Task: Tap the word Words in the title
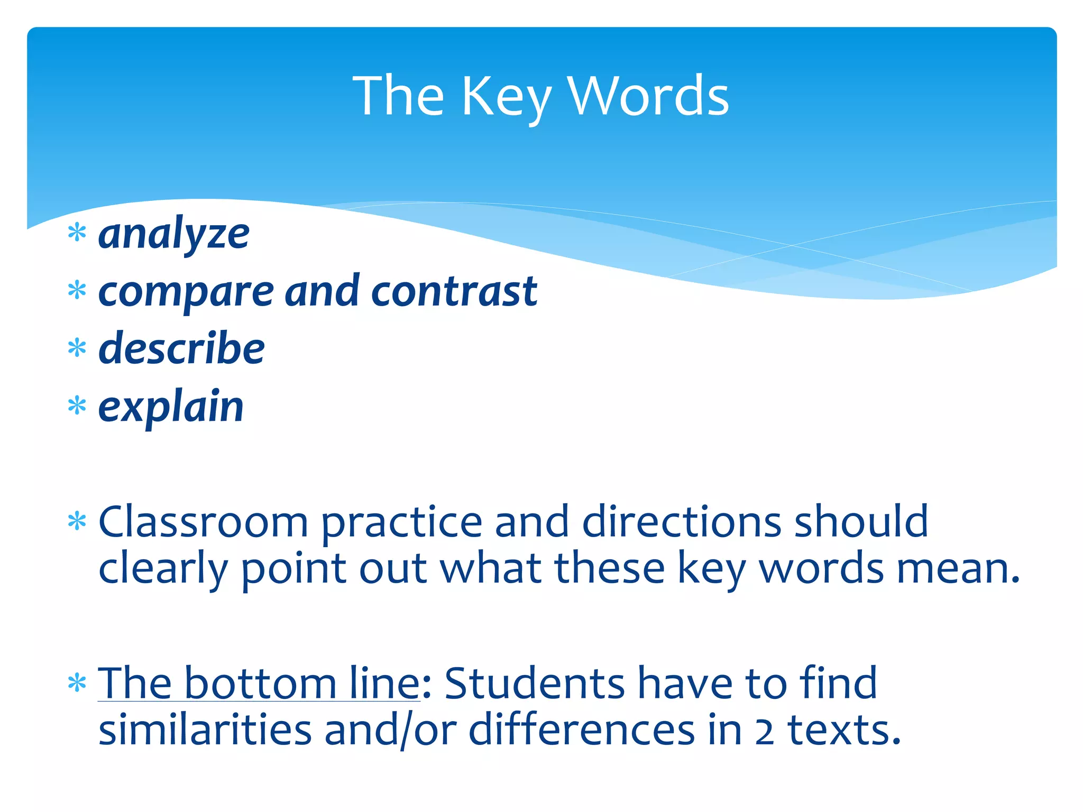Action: point(648,96)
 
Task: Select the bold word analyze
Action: point(174,234)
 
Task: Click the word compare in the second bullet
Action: point(186,292)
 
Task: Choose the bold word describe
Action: point(181,348)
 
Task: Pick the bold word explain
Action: point(171,407)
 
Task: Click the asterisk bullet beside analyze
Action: point(77,233)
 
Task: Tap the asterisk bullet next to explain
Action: point(77,406)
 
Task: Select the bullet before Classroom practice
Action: point(77,522)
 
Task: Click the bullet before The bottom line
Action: point(77,684)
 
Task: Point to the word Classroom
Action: point(204,522)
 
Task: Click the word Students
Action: point(535,684)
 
